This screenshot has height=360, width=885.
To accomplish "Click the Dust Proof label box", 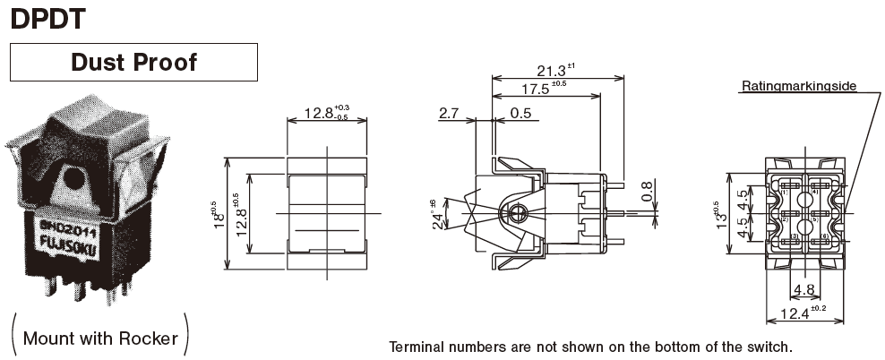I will tap(133, 63).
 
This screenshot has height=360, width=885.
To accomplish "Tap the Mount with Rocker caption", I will tap(99, 339).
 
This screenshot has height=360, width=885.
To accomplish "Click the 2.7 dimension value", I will tap(450, 114).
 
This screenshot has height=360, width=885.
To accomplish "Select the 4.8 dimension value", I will tap(803, 289).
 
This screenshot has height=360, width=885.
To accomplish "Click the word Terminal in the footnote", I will tap(417, 347).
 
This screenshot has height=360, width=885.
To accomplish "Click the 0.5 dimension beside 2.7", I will tap(520, 114).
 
